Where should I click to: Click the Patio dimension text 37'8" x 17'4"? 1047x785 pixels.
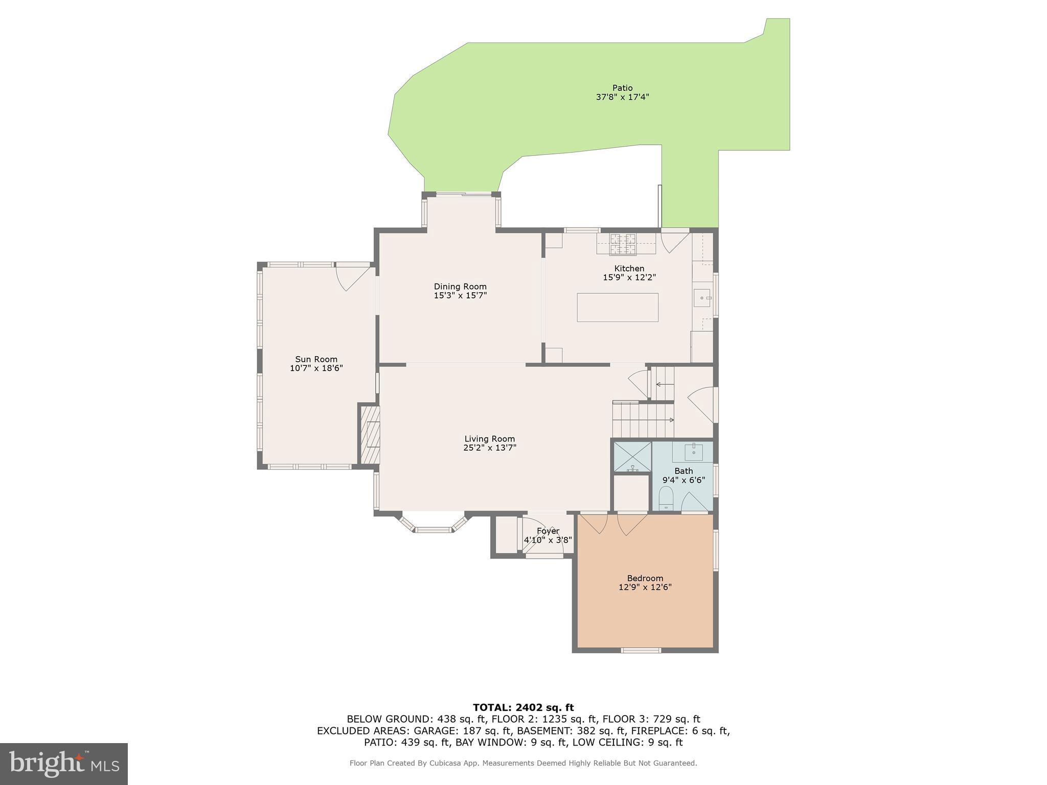tap(622, 97)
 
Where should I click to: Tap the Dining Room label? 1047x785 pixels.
tap(460, 287)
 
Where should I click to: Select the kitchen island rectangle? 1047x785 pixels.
tap(617, 307)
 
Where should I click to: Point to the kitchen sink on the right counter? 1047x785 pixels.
tap(702, 297)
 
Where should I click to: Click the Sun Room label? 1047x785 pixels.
tap(316, 359)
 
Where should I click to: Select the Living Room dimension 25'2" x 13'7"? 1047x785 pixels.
tap(489, 448)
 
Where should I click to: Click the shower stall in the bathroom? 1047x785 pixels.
tap(632, 457)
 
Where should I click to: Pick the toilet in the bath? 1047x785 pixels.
tap(666, 498)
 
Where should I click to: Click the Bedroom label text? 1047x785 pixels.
tap(645, 579)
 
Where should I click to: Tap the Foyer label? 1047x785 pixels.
tap(548, 531)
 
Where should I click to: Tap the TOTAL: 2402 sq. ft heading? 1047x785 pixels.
tap(523, 708)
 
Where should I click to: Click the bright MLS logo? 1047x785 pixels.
tap(63, 764)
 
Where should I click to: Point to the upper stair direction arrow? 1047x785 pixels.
tap(663, 384)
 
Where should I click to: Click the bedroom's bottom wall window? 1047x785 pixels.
tap(641, 650)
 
